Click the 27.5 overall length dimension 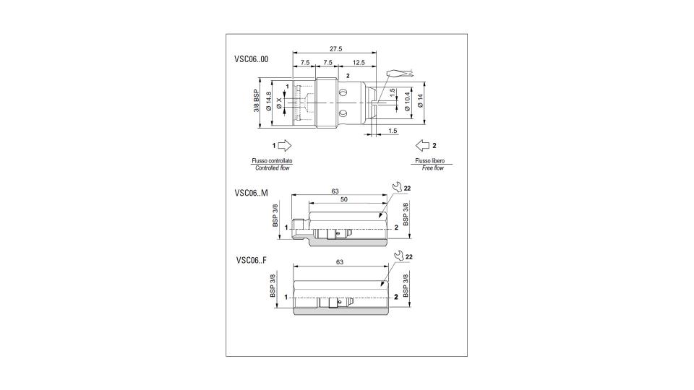click(x=336, y=49)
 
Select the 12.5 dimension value click(x=358, y=63)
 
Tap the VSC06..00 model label click(x=252, y=59)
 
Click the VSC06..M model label click(x=252, y=193)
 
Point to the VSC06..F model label click(x=252, y=260)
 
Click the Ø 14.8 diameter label click(x=268, y=102)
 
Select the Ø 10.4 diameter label click(x=408, y=101)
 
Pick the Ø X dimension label click(x=279, y=103)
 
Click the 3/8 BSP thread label click(x=256, y=101)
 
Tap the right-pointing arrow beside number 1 click(x=285, y=145)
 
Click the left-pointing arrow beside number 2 click(x=423, y=145)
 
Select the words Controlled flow click(x=273, y=168)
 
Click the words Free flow click(x=432, y=168)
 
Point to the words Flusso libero click(x=429, y=161)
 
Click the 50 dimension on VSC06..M click(x=344, y=199)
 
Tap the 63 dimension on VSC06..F click(x=340, y=262)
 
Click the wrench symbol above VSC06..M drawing click(x=398, y=188)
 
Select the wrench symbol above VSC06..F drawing click(x=398, y=256)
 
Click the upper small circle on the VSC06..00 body click(x=343, y=92)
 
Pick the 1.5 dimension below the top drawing click(x=393, y=131)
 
